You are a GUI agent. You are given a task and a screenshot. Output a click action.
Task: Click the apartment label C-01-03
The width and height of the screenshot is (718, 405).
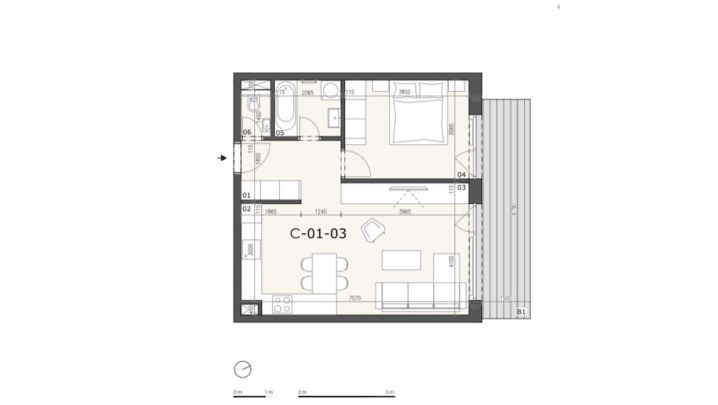(318, 233)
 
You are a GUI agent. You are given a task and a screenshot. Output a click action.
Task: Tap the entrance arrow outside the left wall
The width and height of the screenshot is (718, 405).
(222, 158)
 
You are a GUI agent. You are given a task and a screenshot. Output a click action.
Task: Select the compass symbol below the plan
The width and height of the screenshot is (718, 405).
(242, 369)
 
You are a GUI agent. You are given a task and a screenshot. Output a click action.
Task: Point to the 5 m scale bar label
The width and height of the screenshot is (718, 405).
(390, 392)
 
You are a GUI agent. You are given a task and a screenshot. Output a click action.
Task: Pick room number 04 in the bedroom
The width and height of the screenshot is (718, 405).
(462, 174)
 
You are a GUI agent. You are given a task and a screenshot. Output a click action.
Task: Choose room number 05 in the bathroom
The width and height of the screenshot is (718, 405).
(280, 132)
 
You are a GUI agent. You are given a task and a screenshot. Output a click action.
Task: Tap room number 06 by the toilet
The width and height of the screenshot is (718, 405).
(247, 132)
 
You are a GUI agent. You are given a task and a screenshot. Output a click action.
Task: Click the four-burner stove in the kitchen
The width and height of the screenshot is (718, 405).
(282, 304)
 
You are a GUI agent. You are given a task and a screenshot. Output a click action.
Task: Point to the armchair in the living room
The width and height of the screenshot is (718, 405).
(372, 229)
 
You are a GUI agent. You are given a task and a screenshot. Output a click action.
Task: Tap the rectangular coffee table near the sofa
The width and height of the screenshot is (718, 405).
(401, 260)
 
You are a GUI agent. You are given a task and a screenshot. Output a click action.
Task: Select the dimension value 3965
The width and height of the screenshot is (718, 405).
(405, 211)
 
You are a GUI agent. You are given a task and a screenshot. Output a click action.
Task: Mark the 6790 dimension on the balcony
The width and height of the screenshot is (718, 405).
(513, 210)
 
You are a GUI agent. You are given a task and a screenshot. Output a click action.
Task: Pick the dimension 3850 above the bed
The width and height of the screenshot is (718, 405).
(404, 92)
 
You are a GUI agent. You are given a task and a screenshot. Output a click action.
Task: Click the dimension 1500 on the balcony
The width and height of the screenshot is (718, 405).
(506, 299)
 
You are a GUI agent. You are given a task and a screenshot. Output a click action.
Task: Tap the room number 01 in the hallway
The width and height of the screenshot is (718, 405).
(246, 195)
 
